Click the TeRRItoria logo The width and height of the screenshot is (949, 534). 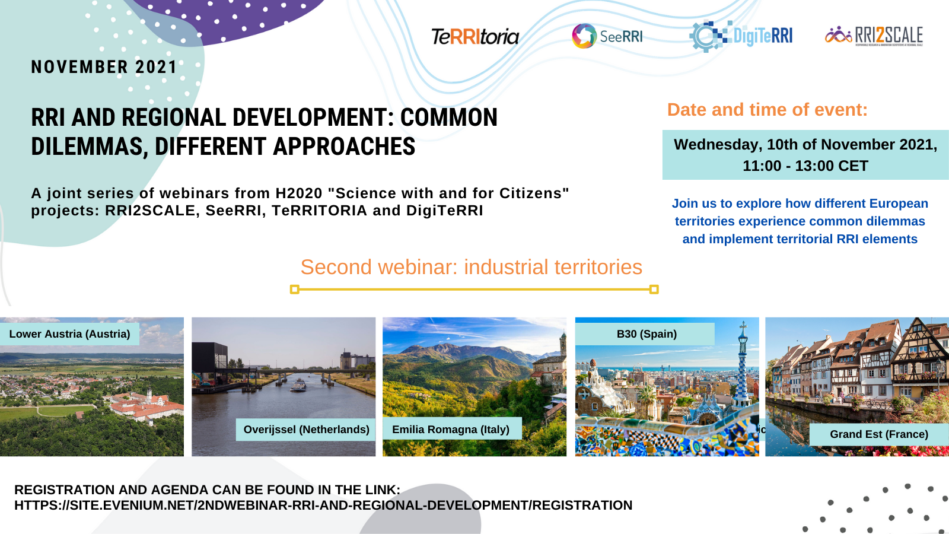coord(475,37)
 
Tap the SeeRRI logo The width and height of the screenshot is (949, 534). coord(607,36)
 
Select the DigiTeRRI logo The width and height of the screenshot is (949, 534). coord(741,36)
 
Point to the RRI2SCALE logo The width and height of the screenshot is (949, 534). coord(874,36)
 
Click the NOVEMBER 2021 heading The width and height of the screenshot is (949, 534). coord(104,67)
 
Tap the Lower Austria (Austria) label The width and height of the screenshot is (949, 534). coord(69,334)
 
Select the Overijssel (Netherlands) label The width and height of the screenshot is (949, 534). coord(306,430)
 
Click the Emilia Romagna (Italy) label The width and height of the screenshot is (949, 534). coord(451,430)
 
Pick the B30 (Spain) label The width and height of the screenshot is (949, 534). coord(647,334)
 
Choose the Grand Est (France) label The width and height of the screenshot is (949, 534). coord(879,434)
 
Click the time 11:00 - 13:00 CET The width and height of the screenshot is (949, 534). coord(805,166)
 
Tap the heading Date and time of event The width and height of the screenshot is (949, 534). coord(768,110)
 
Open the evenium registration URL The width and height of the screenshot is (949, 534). coord(323,505)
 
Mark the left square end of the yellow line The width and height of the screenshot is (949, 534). coord(295,290)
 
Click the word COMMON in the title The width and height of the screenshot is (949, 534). coord(448,117)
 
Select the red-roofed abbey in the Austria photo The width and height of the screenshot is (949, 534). coord(146,405)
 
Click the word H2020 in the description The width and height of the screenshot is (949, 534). coord(299,193)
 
